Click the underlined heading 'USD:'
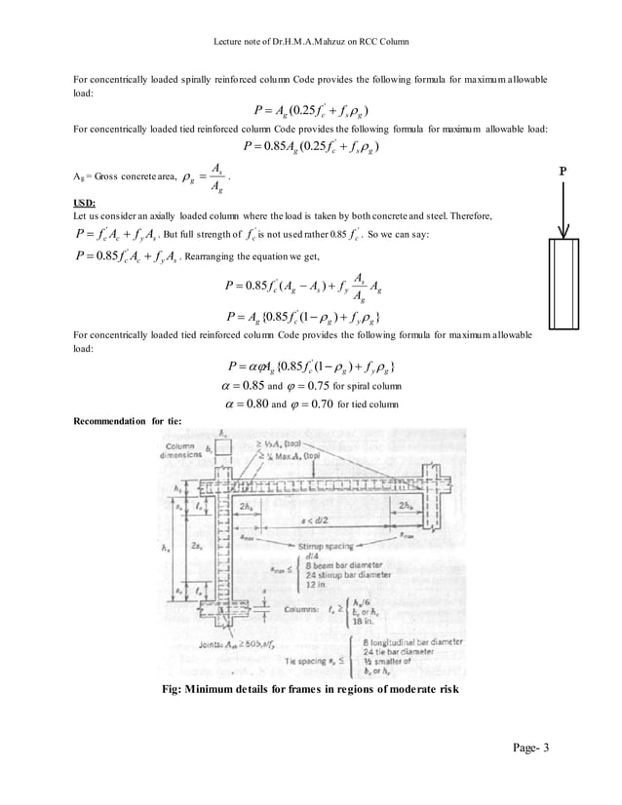click(87, 203)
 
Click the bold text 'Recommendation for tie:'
click(127, 421)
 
